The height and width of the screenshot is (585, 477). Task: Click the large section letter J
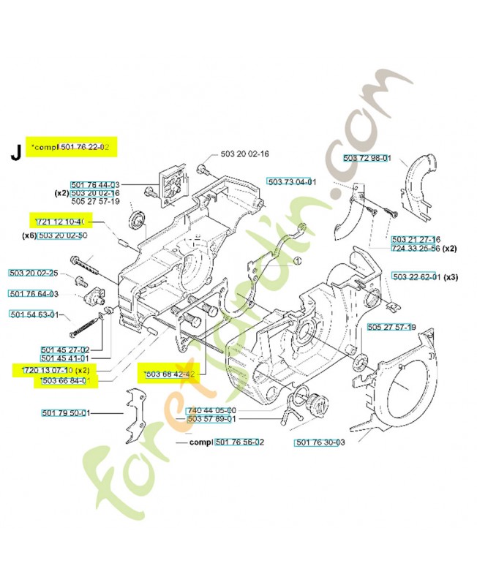[15, 153]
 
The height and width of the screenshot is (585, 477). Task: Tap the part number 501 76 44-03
[95, 185]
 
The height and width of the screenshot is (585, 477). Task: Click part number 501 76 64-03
[34, 294]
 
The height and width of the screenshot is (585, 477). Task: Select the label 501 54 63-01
[34, 315]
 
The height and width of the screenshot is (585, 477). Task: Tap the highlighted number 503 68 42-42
[170, 374]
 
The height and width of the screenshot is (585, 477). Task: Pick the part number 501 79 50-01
[65, 414]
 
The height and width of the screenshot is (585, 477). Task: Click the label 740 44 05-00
[211, 410]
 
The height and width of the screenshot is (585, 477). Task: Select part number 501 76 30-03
[320, 442]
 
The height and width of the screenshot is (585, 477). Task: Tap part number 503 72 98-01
[367, 159]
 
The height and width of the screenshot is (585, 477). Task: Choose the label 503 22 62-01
[416, 277]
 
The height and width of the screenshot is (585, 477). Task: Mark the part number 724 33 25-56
[416, 249]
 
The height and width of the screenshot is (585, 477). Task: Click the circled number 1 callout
[297, 260]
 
